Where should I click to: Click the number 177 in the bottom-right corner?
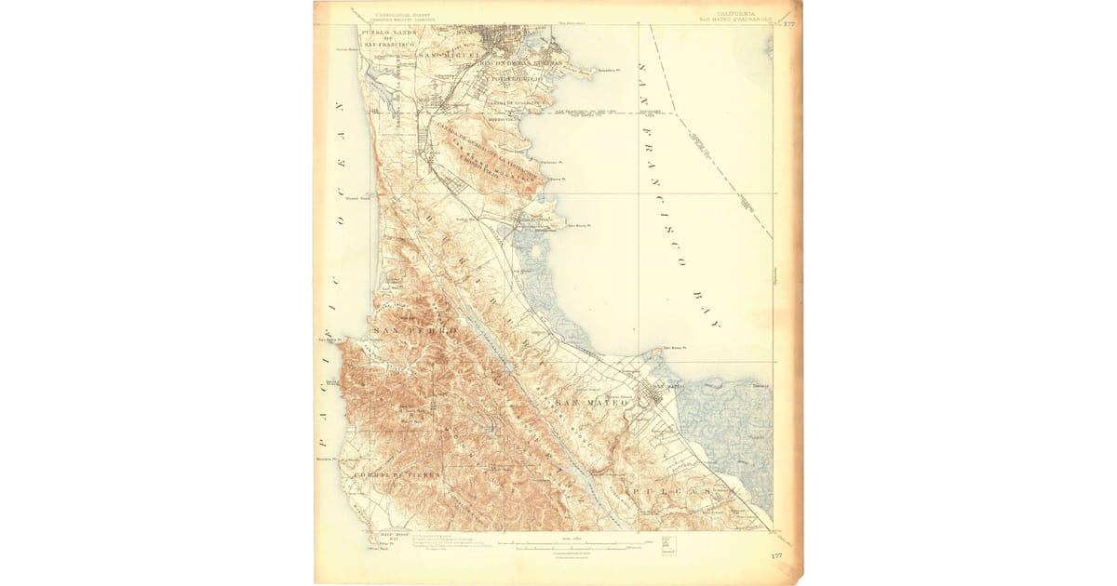[776, 555]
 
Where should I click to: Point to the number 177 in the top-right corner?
[788, 23]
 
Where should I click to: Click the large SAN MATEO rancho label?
[591, 402]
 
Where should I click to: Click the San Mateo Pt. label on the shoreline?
[674, 349]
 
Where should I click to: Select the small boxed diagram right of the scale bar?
[666, 542]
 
